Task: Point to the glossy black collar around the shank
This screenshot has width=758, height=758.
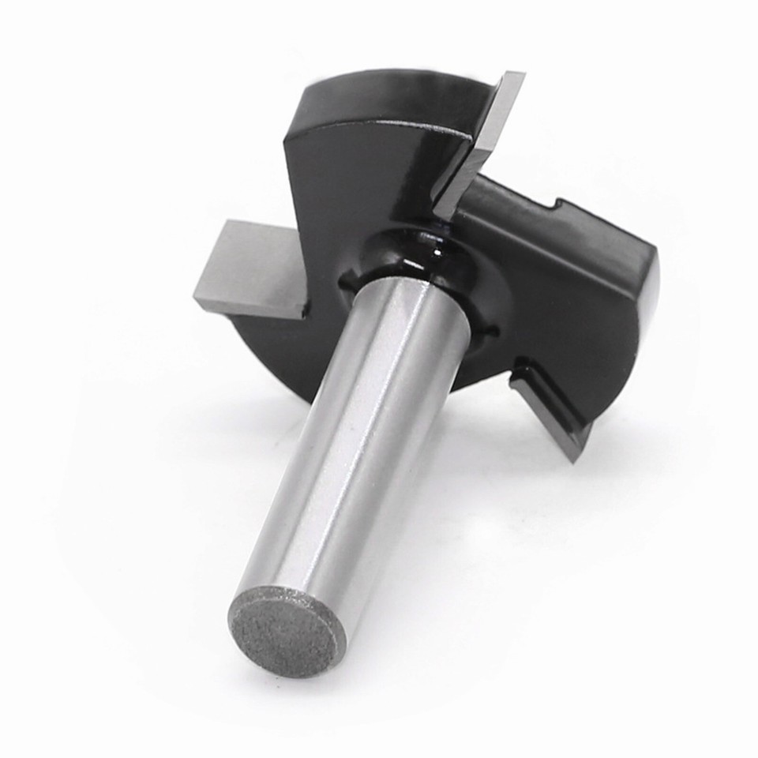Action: [x=411, y=261]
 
